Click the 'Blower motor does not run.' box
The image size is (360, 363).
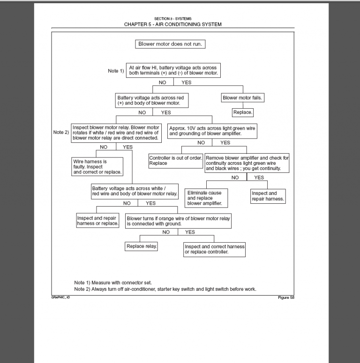click(x=171, y=44)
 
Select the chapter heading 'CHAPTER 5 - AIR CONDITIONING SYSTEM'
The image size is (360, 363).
click(x=172, y=24)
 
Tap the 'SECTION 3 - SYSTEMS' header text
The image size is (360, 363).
click(x=172, y=19)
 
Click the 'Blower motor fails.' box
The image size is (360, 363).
click(x=242, y=98)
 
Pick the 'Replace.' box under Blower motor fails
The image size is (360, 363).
click(x=243, y=112)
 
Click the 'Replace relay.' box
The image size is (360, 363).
click(x=142, y=246)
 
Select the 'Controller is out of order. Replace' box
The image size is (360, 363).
click(x=175, y=161)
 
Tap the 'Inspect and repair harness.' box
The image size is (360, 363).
click(x=268, y=196)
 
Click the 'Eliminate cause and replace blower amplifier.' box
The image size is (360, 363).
click(x=206, y=198)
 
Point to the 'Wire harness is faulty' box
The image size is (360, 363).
click(x=97, y=166)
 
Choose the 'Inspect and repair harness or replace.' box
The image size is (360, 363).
click(x=98, y=221)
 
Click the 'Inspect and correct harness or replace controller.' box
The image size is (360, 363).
click(x=214, y=249)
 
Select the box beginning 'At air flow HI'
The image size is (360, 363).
click(x=173, y=70)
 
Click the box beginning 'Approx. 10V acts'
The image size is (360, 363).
click(x=212, y=131)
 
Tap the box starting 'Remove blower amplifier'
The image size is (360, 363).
click(x=247, y=163)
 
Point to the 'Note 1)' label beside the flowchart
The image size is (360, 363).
click(x=116, y=71)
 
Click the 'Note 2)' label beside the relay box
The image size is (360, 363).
click(x=61, y=132)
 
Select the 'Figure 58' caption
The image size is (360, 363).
click(x=286, y=298)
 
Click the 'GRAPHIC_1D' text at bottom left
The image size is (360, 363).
click(x=60, y=298)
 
